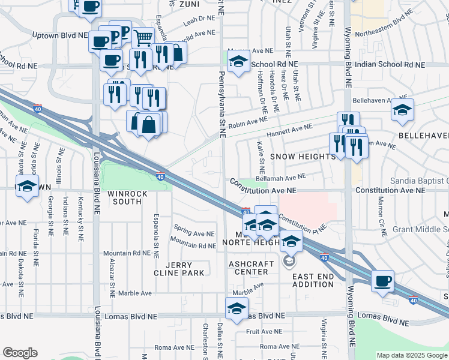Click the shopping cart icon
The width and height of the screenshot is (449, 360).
(x=143, y=38)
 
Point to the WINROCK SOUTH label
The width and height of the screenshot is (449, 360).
(x=125, y=197)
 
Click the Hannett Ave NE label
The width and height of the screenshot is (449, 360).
(x=290, y=128)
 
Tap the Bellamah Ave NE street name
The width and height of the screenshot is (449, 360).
(x=281, y=176)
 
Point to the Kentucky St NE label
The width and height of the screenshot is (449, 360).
(x=80, y=219)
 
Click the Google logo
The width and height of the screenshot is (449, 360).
(x=20, y=353)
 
